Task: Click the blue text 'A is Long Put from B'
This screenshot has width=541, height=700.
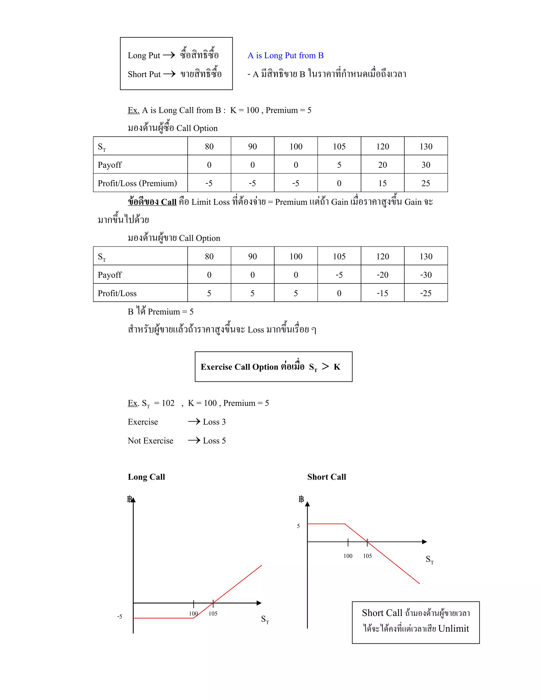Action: tap(285, 55)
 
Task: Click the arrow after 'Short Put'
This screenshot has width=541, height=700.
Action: tap(169, 74)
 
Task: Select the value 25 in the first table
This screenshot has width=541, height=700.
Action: tap(425, 183)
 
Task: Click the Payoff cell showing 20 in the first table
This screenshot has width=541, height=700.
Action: tap(382, 165)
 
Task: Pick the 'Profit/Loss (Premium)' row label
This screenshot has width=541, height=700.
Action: tap(137, 183)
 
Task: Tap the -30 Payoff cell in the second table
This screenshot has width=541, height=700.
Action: tap(426, 275)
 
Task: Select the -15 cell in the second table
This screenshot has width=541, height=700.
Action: tap(382, 293)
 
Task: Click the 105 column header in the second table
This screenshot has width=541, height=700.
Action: tap(339, 256)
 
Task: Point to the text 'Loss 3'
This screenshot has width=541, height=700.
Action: tap(214, 422)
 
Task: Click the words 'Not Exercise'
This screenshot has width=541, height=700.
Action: tap(150, 441)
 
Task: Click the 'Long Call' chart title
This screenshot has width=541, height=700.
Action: tap(146, 477)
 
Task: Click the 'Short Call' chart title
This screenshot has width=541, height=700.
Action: tap(326, 477)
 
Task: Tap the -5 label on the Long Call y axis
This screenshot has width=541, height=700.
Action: tap(120, 616)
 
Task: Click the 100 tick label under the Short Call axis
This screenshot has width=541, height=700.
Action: tap(348, 556)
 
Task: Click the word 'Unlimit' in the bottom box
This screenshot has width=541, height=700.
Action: tap(453, 628)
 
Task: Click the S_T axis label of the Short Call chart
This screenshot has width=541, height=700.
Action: tap(430, 560)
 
